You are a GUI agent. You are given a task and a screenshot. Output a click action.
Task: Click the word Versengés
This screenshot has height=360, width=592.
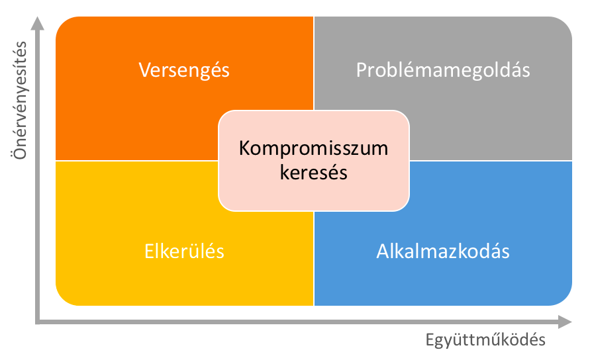(184, 71)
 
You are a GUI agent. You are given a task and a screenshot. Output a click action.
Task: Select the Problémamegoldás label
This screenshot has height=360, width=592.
(443, 71)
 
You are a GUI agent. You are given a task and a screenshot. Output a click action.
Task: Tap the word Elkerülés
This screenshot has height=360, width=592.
(184, 251)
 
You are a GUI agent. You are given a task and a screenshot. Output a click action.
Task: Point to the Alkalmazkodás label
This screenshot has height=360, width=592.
(443, 251)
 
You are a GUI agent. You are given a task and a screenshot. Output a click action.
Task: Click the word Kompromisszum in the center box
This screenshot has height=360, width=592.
(313, 148)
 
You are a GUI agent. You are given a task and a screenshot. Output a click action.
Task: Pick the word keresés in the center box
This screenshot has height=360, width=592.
(313, 173)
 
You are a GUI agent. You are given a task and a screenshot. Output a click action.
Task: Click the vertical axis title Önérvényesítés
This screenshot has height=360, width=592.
(19, 101)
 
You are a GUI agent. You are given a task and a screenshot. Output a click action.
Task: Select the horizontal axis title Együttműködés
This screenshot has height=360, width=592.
(485, 340)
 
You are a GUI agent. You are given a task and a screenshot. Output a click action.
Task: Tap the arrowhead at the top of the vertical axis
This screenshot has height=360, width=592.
(37, 22)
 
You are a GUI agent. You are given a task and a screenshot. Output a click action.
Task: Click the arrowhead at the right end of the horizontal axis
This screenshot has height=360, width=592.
(566, 322)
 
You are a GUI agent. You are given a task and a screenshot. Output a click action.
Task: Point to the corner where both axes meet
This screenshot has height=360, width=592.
(37, 322)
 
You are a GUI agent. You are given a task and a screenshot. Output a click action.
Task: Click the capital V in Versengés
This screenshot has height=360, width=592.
(146, 70)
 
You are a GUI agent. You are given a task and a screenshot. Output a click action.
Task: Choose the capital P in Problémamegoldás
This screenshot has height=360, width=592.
(362, 70)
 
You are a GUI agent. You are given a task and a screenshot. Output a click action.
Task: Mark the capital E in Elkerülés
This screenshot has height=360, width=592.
(150, 251)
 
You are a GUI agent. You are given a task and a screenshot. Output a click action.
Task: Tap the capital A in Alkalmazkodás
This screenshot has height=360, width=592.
(383, 251)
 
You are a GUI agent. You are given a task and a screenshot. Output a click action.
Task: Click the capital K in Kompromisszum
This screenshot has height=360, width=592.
(245, 148)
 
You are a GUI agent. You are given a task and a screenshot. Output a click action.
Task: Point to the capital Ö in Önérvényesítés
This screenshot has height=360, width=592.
(20, 152)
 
